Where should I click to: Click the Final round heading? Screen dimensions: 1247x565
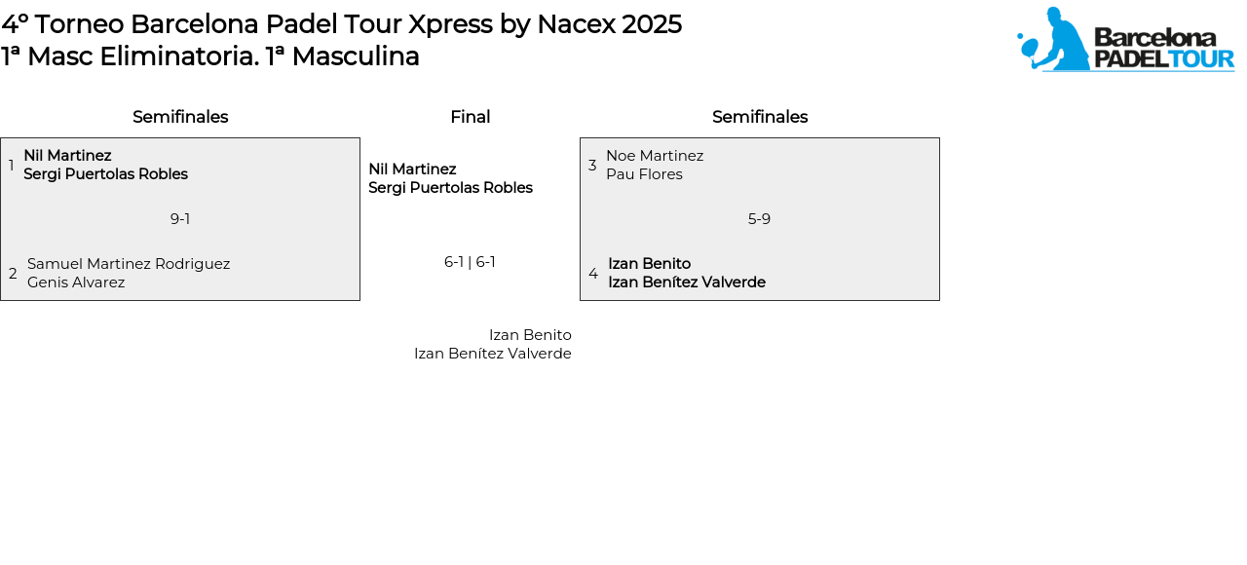470,117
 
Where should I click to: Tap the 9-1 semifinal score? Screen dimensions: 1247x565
180,219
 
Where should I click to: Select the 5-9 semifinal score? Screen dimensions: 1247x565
759,219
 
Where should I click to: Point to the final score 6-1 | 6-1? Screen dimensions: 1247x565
470,262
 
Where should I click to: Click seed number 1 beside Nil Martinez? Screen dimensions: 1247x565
11,165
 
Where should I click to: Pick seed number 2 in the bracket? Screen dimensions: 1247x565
13,274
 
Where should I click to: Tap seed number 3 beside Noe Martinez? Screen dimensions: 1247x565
592,165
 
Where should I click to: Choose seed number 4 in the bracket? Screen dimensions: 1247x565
593,274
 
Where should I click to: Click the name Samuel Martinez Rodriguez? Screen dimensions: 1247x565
129,264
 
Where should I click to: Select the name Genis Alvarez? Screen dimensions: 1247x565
76,282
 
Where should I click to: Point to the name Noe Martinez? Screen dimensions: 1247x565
655,156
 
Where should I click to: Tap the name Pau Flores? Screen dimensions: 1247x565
644,174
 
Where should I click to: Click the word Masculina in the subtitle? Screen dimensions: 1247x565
356,56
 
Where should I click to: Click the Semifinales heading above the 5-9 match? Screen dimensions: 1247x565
760,117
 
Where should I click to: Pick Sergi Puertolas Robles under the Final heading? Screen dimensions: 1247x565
450,188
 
